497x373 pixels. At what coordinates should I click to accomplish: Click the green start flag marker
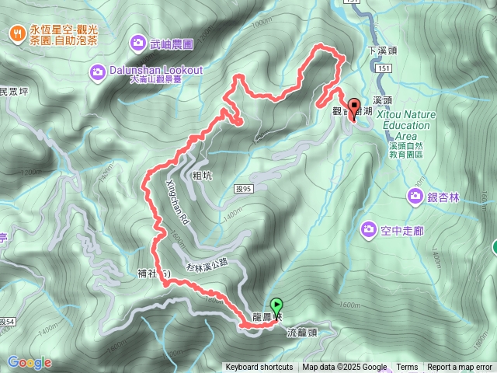277,305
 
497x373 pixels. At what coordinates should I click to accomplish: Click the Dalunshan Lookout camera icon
97,72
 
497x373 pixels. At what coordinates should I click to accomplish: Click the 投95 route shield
243,188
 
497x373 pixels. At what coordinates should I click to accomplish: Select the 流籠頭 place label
302,332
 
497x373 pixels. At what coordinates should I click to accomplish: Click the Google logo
30,362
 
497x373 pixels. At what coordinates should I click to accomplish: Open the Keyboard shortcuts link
259,368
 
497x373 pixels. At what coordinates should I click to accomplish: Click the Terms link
407,368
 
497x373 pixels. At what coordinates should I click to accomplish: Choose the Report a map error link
460,368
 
